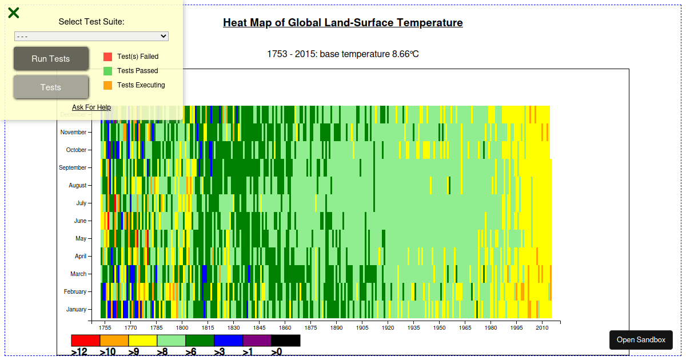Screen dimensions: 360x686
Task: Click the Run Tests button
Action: coord(51,59)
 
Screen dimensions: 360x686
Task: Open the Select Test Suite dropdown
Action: coord(91,36)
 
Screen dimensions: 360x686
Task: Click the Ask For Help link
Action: coord(91,107)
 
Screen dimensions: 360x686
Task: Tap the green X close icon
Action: coord(14,13)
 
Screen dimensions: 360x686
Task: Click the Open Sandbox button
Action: coord(641,340)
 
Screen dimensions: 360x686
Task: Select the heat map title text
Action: coord(343,23)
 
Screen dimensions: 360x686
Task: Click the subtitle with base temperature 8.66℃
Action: coord(343,54)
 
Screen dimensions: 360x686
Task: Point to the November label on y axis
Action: coord(73,132)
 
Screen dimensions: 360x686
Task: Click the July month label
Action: coord(81,203)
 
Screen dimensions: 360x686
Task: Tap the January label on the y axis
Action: coord(76,309)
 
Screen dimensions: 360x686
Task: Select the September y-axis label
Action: coord(73,167)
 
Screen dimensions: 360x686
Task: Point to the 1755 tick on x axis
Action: coord(105,328)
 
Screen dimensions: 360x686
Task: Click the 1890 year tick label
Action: coord(336,328)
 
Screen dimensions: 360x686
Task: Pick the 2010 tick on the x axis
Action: coord(542,328)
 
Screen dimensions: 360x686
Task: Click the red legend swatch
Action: coord(86,341)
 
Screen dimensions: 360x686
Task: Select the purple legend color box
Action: coord(257,341)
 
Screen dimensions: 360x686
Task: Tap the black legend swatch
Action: coord(286,341)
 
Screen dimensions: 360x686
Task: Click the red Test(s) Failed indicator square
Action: coord(107,57)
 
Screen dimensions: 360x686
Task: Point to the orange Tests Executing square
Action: coord(107,85)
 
